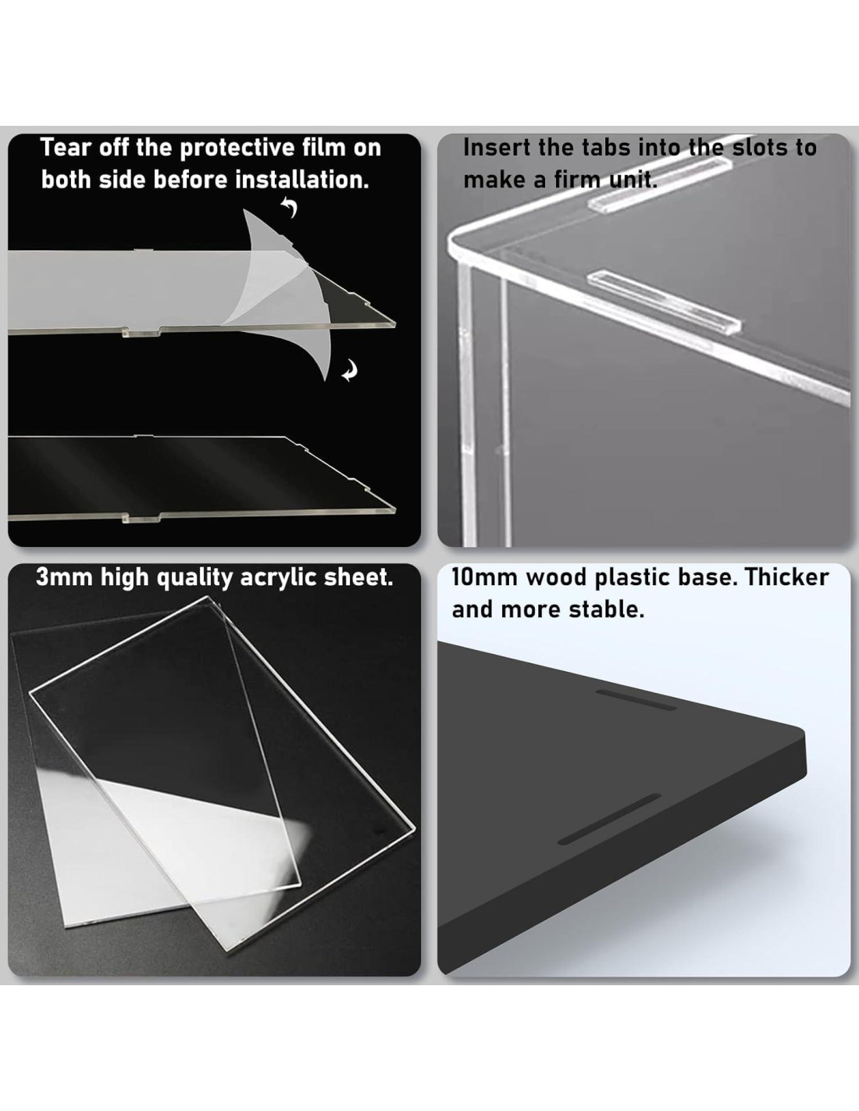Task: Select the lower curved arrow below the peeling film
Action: (350, 370)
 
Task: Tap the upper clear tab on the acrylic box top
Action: (659, 184)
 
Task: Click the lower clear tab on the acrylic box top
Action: (665, 302)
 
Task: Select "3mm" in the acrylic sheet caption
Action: (64, 577)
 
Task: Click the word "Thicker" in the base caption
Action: (786, 577)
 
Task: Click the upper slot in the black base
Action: (636, 700)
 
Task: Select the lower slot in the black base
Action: (610, 819)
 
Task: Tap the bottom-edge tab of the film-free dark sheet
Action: (141, 519)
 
